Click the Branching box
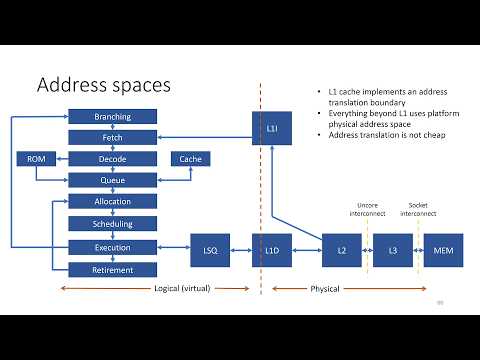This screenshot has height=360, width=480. pos(112,116)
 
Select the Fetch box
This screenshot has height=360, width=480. pos(112,137)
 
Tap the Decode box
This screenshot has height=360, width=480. pos(112,159)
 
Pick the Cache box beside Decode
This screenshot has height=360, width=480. pos(189,159)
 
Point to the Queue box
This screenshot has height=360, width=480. pos(112,181)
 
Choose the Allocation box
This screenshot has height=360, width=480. pos(112,202)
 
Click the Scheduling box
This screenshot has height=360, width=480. pos(112,224)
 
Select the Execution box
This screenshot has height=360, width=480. pos(112,246)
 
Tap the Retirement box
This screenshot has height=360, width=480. pos(112,269)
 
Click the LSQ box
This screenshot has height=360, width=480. pos(210,248)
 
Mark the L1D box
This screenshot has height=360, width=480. pos(272,248)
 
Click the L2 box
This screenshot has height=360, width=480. pos(341,248)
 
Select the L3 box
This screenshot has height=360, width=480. pos(392,248)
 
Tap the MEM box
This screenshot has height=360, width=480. pos(443,248)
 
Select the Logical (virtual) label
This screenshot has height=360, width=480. pos(180,289)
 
